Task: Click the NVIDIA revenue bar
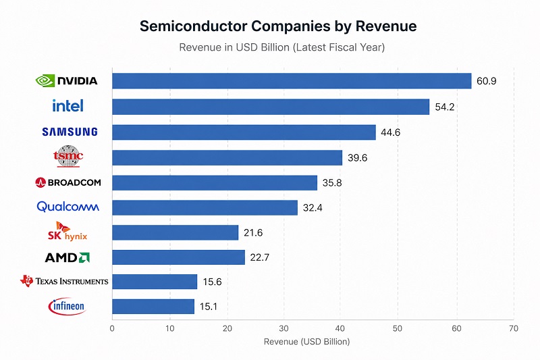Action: click(x=291, y=81)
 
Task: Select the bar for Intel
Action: click(x=270, y=107)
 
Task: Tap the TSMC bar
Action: click(x=227, y=157)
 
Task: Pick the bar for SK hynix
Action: click(x=175, y=232)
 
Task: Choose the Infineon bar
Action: click(x=153, y=307)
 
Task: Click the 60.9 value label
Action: click(x=487, y=81)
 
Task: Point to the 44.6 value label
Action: click(x=391, y=132)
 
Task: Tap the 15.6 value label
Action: click(x=213, y=282)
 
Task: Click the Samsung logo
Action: click(x=70, y=132)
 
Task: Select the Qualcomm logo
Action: click(x=68, y=207)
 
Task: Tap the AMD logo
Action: click(x=67, y=257)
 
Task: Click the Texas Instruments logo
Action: click(x=64, y=281)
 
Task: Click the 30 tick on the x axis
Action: click(x=283, y=328)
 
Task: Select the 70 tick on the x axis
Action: click(x=514, y=328)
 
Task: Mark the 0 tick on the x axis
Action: click(x=112, y=328)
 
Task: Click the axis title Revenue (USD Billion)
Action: click(x=306, y=342)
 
